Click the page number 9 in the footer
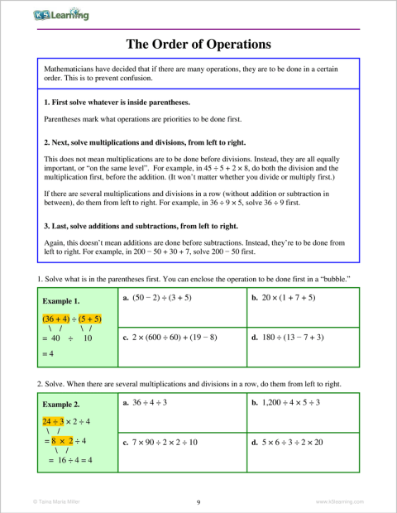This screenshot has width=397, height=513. tap(198, 501)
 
